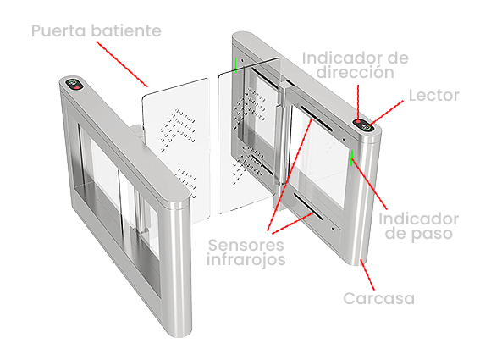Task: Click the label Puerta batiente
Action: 97,31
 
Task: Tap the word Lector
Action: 434,96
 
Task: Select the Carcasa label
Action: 378,298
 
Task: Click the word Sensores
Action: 246,245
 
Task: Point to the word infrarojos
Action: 246,259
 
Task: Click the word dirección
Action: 355,72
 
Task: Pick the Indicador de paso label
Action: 419,226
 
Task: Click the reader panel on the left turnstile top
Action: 74,84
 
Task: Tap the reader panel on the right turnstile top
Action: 364,125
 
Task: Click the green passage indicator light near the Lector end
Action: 352,158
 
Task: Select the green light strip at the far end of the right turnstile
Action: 235,64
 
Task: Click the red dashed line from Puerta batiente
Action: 122,64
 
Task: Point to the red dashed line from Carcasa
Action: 367,274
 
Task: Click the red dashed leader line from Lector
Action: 386,113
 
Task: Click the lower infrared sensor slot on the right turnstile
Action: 308,207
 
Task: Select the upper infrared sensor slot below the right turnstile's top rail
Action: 317,119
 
